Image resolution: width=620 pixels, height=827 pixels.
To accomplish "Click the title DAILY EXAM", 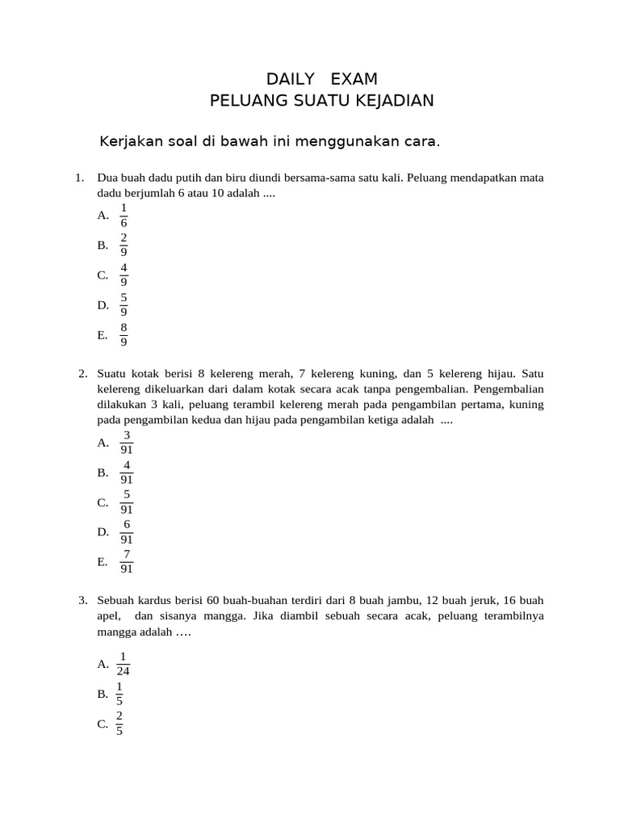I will click(321, 78).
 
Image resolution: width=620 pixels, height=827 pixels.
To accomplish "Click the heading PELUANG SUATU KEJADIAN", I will click(321, 100).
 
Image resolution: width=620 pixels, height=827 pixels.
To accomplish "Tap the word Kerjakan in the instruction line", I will click(130, 142).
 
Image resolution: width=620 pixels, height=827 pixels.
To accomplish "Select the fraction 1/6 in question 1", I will click(124, 215).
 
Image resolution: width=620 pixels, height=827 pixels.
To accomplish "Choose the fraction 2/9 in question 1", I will click(124, 245).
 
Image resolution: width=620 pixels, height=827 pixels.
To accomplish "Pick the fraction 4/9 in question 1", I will click(124, 275).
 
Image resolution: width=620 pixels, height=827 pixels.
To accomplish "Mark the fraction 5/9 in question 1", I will click(124, 304).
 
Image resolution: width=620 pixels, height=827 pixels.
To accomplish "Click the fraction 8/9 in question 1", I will click(124, 334).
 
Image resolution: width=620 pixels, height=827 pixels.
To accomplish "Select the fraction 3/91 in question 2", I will click(127, 442).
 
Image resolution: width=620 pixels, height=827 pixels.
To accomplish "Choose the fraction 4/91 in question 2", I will click(127, 472).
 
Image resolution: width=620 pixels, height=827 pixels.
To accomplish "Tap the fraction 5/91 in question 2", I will click(127, 502).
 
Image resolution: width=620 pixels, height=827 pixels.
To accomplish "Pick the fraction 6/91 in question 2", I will click(127, 531).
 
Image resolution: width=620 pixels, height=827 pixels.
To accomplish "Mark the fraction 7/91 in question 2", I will click(127, 561).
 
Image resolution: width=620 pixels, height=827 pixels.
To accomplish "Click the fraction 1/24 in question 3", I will click(124, 664).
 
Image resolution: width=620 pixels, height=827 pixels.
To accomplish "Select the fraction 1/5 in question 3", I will click(119, 694).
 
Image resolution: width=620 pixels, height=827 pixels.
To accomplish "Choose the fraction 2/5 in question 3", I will click(119, 724).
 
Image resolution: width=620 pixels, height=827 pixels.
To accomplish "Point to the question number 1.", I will click(78, 178).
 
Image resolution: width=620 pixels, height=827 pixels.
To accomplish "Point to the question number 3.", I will click(82, 601).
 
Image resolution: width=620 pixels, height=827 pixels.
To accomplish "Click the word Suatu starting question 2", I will click(112, 374).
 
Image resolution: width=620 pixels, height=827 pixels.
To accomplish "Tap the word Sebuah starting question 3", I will click(115, 601).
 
